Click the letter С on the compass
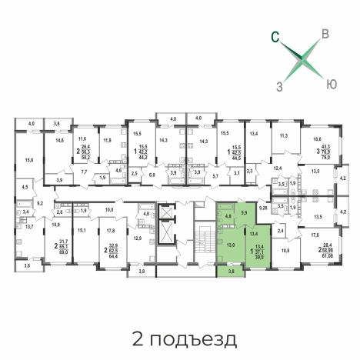(x=274, y=34)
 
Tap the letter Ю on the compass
(x=330, y=82)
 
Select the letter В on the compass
(x=325, y=33)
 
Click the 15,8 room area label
(x=28, y=159)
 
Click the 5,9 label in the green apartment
(x=244, y=213)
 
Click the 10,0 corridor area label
(x=109, y=209)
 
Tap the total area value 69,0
(x=64, y=251)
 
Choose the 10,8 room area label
(x=286, y=250)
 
